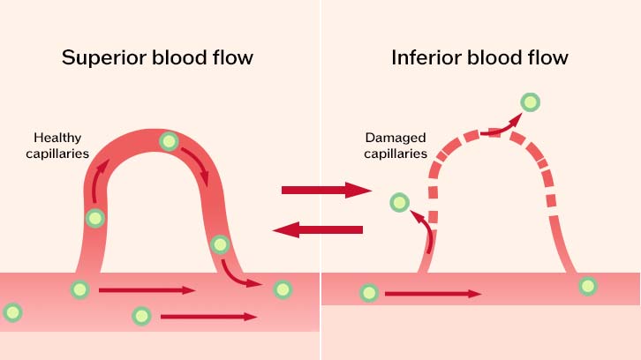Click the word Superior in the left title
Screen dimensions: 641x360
click(104, 58)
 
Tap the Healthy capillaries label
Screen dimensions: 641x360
click(57, 146)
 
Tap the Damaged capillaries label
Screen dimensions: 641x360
click(396, 146)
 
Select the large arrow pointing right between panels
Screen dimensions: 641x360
click(327, 190)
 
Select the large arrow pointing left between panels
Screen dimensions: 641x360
click(318, 229)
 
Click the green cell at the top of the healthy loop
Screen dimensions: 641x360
click(169, 141)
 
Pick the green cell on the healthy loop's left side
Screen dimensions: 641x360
click(95, 218)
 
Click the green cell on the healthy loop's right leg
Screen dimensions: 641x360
click(220, 244)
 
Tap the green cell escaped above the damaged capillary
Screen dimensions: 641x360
click(531, 102)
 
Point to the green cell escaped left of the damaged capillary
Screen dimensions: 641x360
click(399, 202)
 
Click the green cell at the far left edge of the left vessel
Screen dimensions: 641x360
click(12, 312)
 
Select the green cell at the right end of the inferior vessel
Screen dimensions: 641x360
click(588, 286)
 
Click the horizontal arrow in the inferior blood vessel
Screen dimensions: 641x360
click(434, 294)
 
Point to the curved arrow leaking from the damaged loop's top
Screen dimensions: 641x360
click(501, 128)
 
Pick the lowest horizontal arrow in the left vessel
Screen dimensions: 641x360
click(208, 317)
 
